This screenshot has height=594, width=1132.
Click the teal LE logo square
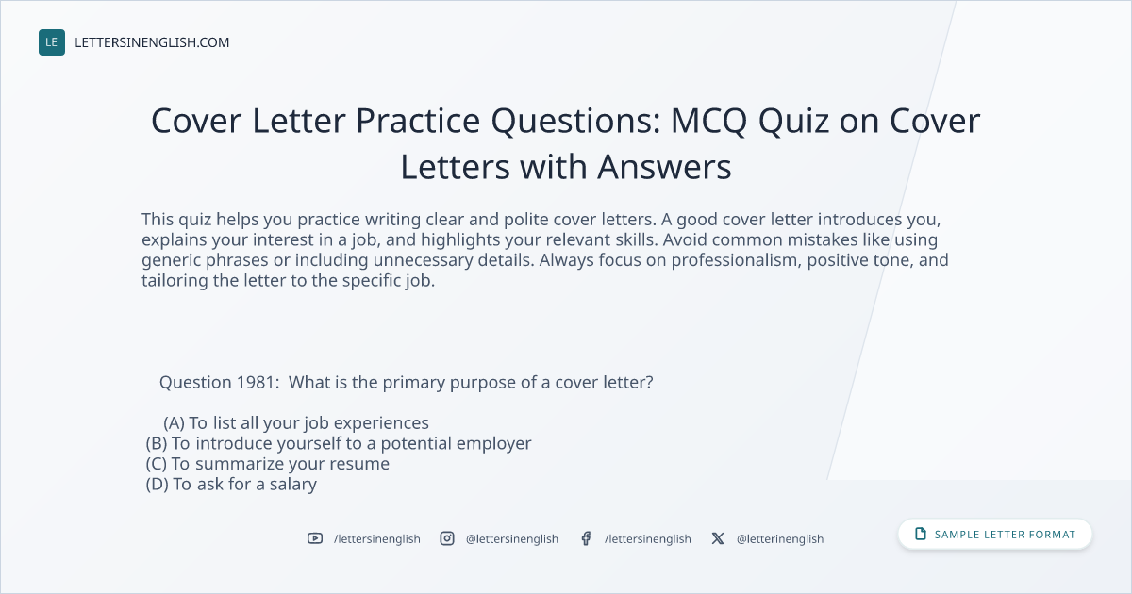pyautogui.click(x=52, y=42)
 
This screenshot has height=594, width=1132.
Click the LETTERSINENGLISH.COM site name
pyautogui.click(x=152, y=42)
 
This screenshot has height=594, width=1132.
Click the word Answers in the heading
pyautogui.click(x=664, y=167)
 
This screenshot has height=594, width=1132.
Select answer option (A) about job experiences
pyautogui.click(x=296, y=423)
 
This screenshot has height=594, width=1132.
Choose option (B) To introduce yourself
pyautogui.click(x=339, y=443)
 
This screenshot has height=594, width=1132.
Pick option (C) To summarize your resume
pyautogui.click(x=268, y=464)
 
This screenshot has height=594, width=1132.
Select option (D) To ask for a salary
pyautogui.click(x=231, y=485)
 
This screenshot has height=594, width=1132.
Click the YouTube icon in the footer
pyautogui.click(x=315, y=538)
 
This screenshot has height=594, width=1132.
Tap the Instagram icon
pyautogui.click(x=447, y=538)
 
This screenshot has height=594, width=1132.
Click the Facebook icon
pyautogui.click(x=586, y=538)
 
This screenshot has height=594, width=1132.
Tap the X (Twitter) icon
pyautogui.click(x=718, y=538)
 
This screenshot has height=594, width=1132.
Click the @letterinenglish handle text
pyautogui.click(x=780, y=539)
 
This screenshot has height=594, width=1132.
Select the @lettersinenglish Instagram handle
pyautogui.click(x=512, y=539)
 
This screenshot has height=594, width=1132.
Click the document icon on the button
pyautogui.click(x=921, y=534)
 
